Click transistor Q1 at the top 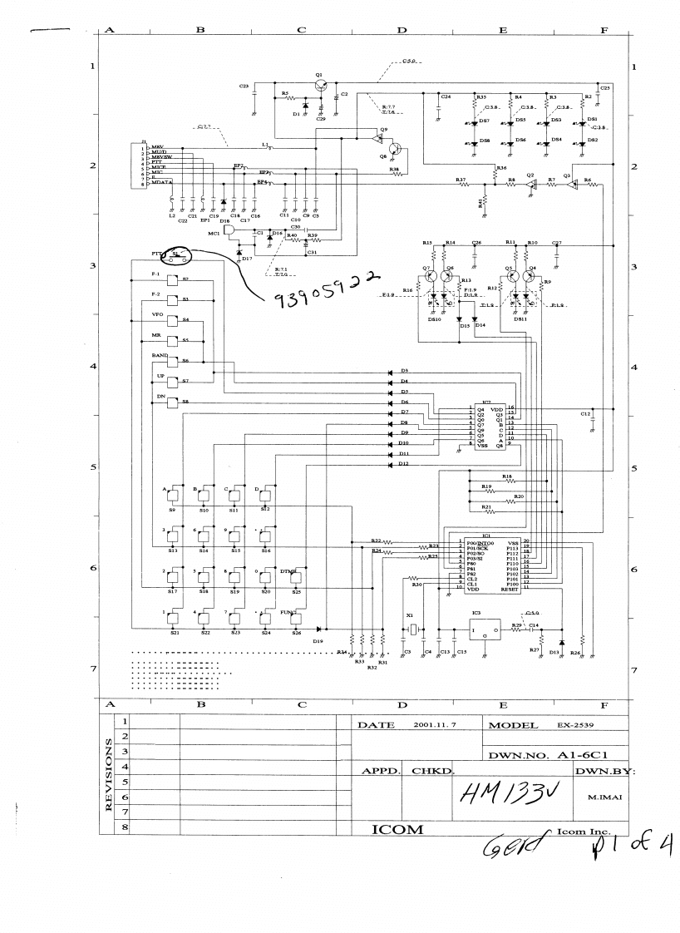(319, 86)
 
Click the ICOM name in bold (398, 830)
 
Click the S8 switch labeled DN (174, 403)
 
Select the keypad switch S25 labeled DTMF (296, 577)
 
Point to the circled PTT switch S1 (175, 254)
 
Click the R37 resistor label (460, 179)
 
